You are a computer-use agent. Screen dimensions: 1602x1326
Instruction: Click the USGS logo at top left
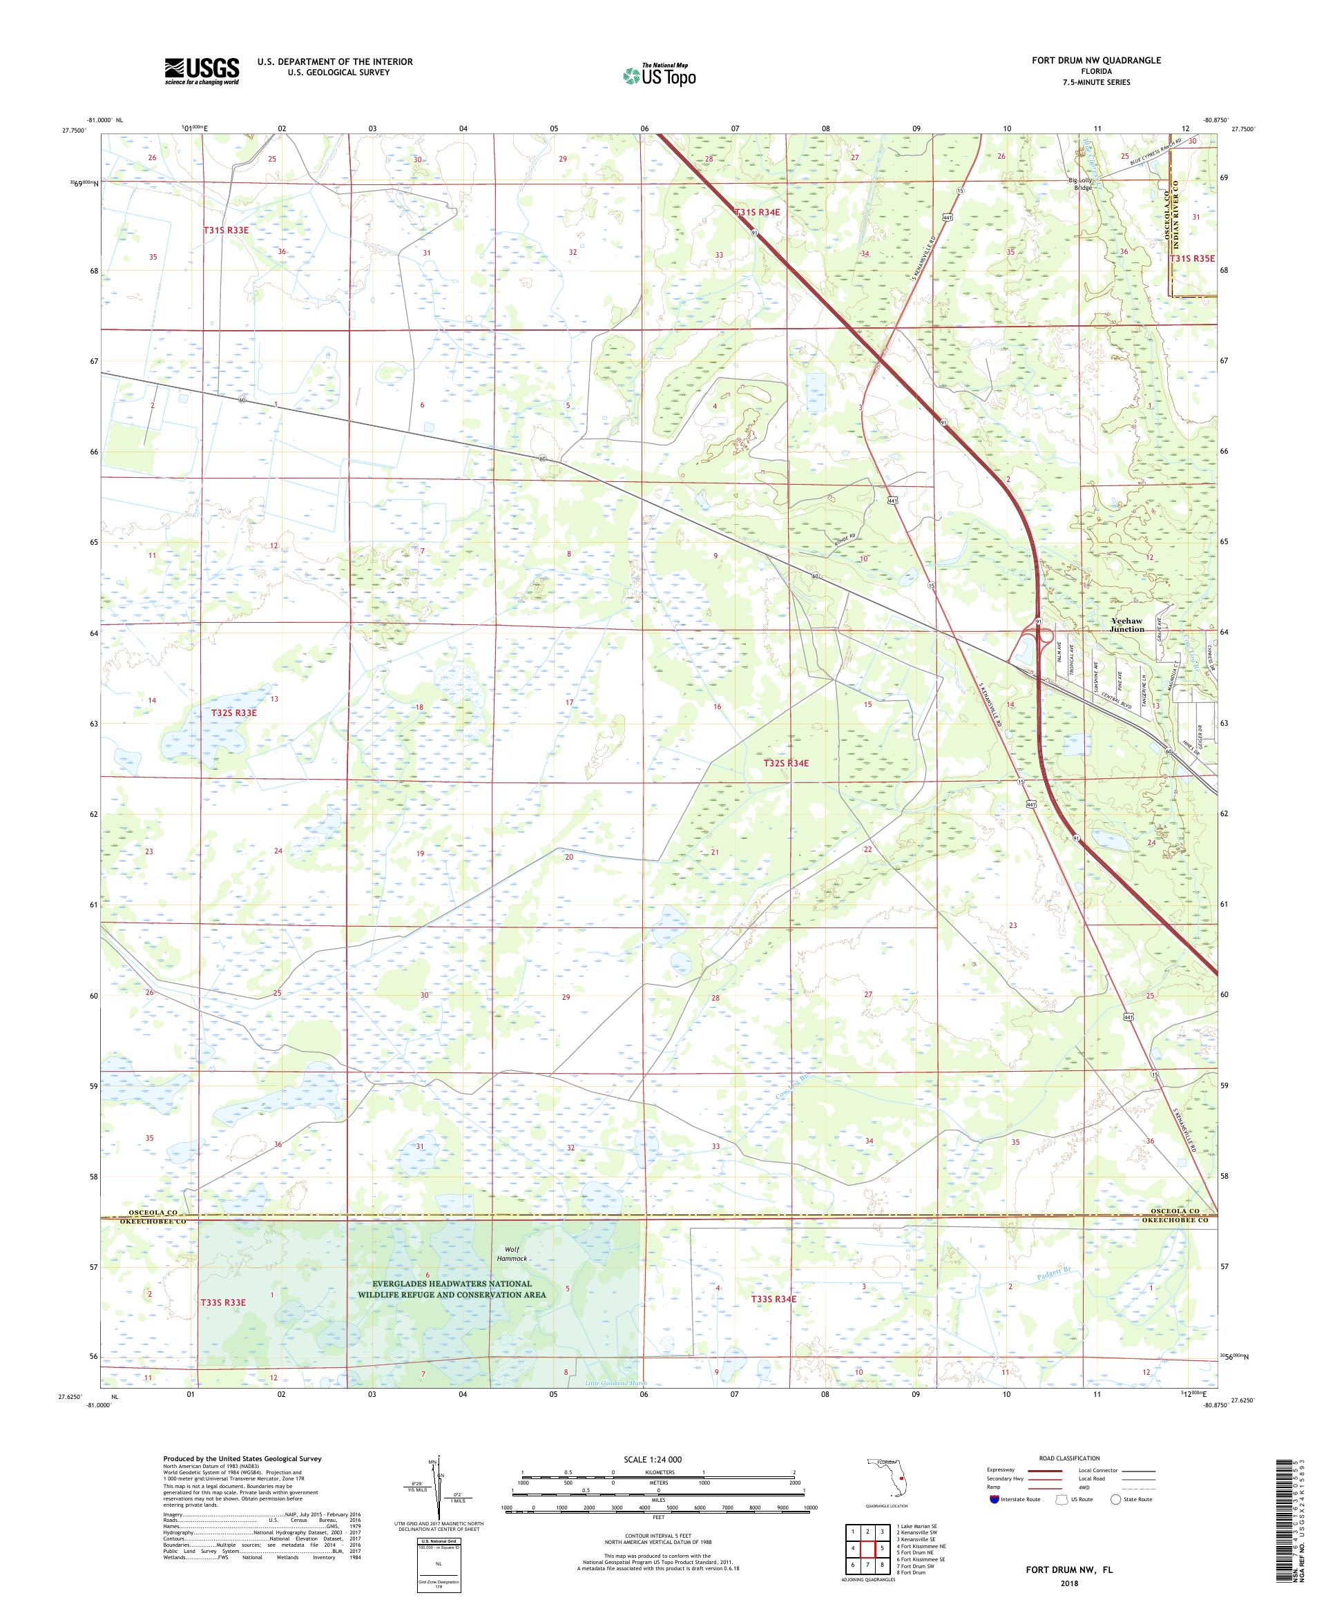202,71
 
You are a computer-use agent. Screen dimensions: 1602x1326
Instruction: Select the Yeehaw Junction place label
1126,625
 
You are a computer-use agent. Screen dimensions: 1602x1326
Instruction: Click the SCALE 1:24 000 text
658,1458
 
